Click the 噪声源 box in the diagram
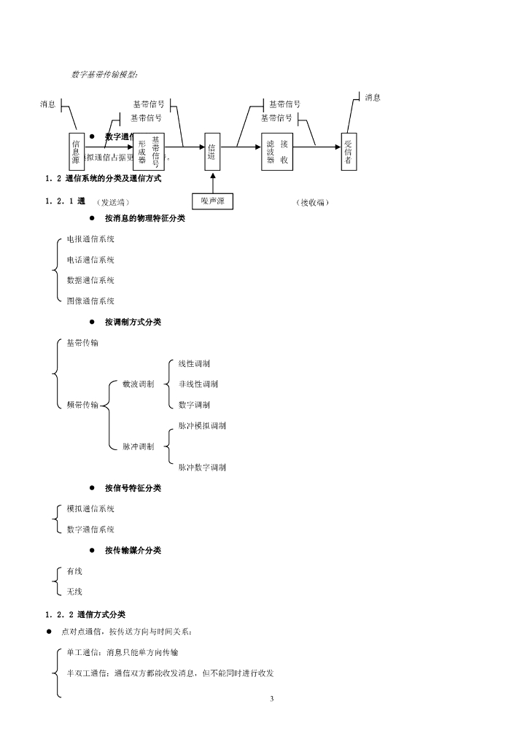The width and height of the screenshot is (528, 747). (x=212, y=201)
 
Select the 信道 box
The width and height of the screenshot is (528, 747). (x=212, y=152)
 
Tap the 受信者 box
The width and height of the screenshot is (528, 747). (x=348, y=152)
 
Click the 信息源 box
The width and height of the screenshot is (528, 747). (x=76, y=152)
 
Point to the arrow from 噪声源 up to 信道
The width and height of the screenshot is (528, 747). (x=212, y=182)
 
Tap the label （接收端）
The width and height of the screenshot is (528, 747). (x=314, y=203)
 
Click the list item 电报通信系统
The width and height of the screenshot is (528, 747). (x=90, y=239)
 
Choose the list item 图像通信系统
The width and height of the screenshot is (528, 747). (x=90, y=301)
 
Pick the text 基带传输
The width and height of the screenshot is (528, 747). (x=82, y=343)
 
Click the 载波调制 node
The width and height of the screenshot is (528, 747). (x=138, y=384)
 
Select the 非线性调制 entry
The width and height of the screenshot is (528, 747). (x=198, y=384)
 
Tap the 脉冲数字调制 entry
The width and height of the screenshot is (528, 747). (x=202, y=467)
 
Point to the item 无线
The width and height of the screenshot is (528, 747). (x=74, y=592)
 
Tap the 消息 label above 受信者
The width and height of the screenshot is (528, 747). (x=373, y=98)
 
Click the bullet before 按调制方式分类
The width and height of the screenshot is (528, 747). (x=93, y=322)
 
